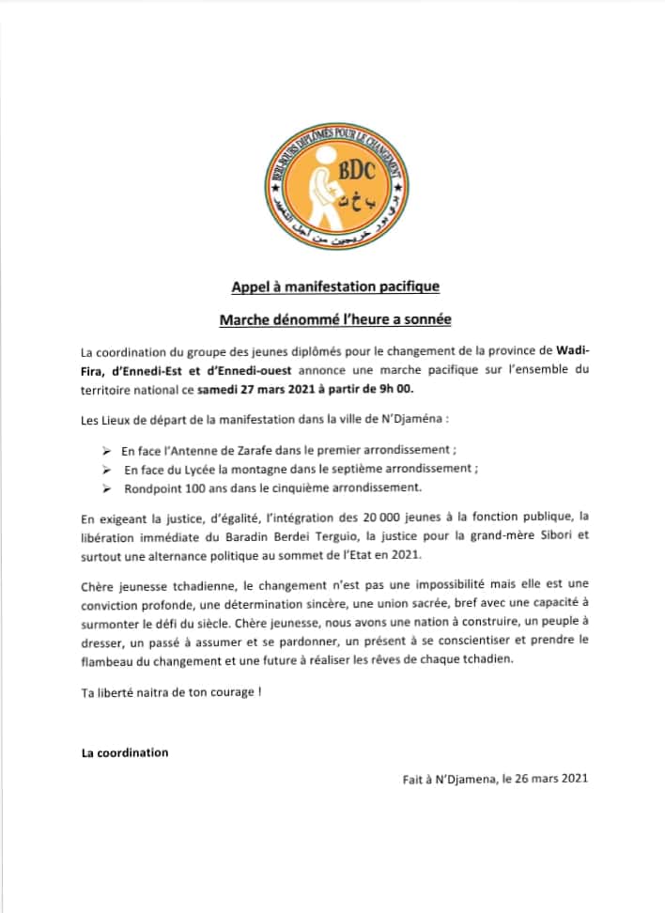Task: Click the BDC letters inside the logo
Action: coord(358,170)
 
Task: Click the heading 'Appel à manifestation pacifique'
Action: coord(335,286)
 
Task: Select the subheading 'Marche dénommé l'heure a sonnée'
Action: coord(335,320)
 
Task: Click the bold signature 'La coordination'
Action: coord(125,752)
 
